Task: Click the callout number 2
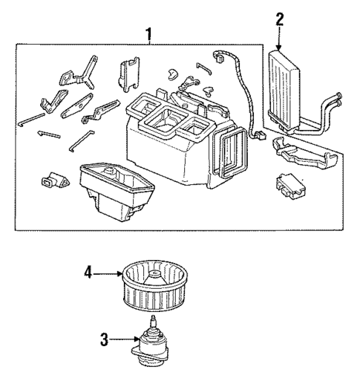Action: pos(280,19)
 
